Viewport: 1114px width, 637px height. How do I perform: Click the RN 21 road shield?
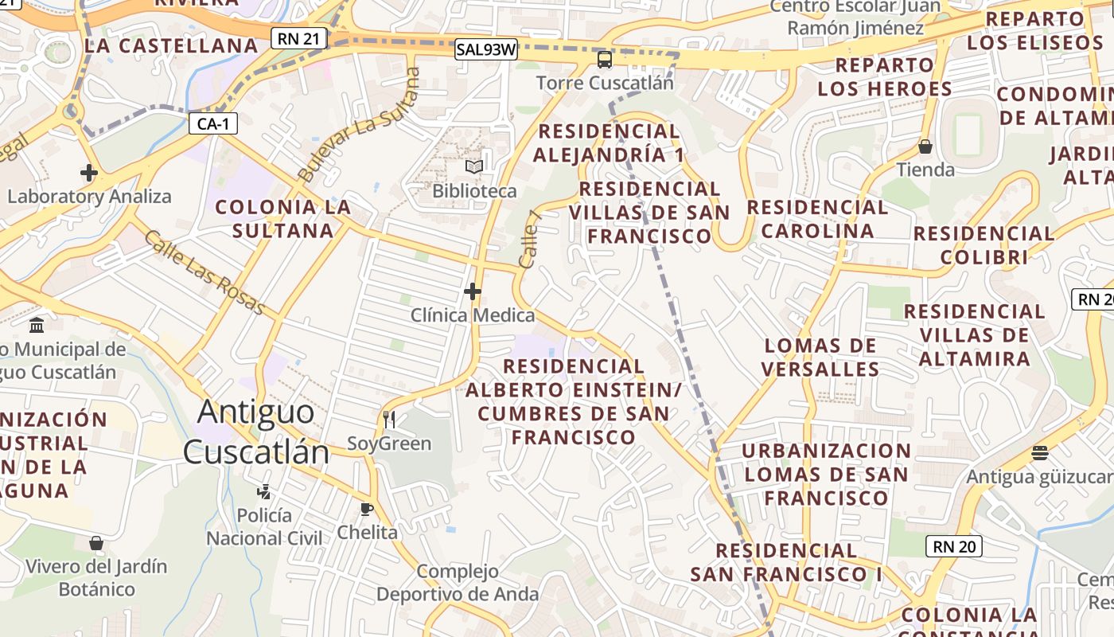(x=298, y=38)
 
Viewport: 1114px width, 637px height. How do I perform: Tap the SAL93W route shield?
(x=486, y=49)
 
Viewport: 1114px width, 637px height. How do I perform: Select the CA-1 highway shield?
(x=213, y=123)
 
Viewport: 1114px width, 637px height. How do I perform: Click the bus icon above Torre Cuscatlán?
(x=605, y=60)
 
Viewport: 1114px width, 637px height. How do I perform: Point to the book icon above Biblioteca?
(x=474, y=167)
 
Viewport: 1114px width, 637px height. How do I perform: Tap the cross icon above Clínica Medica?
(x=473, y=291)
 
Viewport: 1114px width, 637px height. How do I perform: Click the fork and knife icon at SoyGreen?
(x=389, y=420)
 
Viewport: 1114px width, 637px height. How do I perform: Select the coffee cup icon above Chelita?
(x=367, y=509)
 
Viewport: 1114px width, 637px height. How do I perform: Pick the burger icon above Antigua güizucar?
(x=1039, y=453)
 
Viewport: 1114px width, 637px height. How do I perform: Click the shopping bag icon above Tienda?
(x=925, y=147)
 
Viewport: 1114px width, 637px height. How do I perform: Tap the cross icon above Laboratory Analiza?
(x=89, y=172)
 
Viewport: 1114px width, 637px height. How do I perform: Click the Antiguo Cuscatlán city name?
(x=256, y=432)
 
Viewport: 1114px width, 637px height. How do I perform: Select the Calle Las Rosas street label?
(x=204, y=272)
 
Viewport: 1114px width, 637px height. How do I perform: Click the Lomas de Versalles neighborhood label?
(x=820, y=358)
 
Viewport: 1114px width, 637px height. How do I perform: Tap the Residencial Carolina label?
(x=817, y=219)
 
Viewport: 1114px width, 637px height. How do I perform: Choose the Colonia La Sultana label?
(x=283, y=219)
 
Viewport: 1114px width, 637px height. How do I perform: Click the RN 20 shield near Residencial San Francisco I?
(x=953, y=546)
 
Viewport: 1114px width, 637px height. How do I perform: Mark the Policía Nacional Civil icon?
(x=263, y=491)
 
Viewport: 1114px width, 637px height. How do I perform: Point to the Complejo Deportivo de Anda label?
(x=458, y=583)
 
